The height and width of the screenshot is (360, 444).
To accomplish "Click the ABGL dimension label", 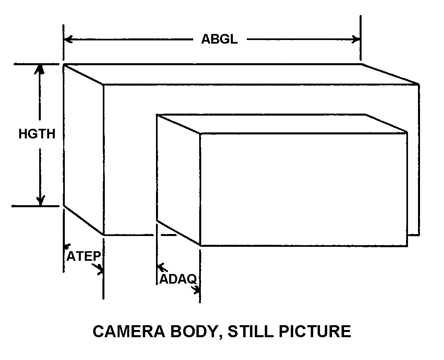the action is (219, 39).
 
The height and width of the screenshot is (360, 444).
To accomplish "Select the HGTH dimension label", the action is (37, 134).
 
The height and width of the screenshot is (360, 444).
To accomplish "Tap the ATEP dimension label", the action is (84, 256).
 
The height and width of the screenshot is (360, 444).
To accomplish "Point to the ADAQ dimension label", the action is (178, 279).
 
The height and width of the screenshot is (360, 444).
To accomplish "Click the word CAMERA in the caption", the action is (129, 331).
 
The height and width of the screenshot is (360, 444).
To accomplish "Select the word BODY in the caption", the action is (196, 331).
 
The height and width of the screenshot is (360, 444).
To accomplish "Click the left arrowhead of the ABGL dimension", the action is (68, 39).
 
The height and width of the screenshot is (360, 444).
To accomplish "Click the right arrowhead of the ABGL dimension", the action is (356, 39).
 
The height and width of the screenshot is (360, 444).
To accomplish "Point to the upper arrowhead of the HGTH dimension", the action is (40, 69).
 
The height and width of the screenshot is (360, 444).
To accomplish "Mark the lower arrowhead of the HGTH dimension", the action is (41, 200).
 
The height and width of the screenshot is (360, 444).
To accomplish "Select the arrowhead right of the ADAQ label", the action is (196, 290).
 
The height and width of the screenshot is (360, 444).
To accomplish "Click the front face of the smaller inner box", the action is (304, 189).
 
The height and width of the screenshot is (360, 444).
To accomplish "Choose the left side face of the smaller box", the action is (179, 180).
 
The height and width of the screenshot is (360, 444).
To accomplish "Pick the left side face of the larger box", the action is (84, 150).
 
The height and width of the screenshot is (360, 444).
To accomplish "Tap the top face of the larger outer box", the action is (241, 74).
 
